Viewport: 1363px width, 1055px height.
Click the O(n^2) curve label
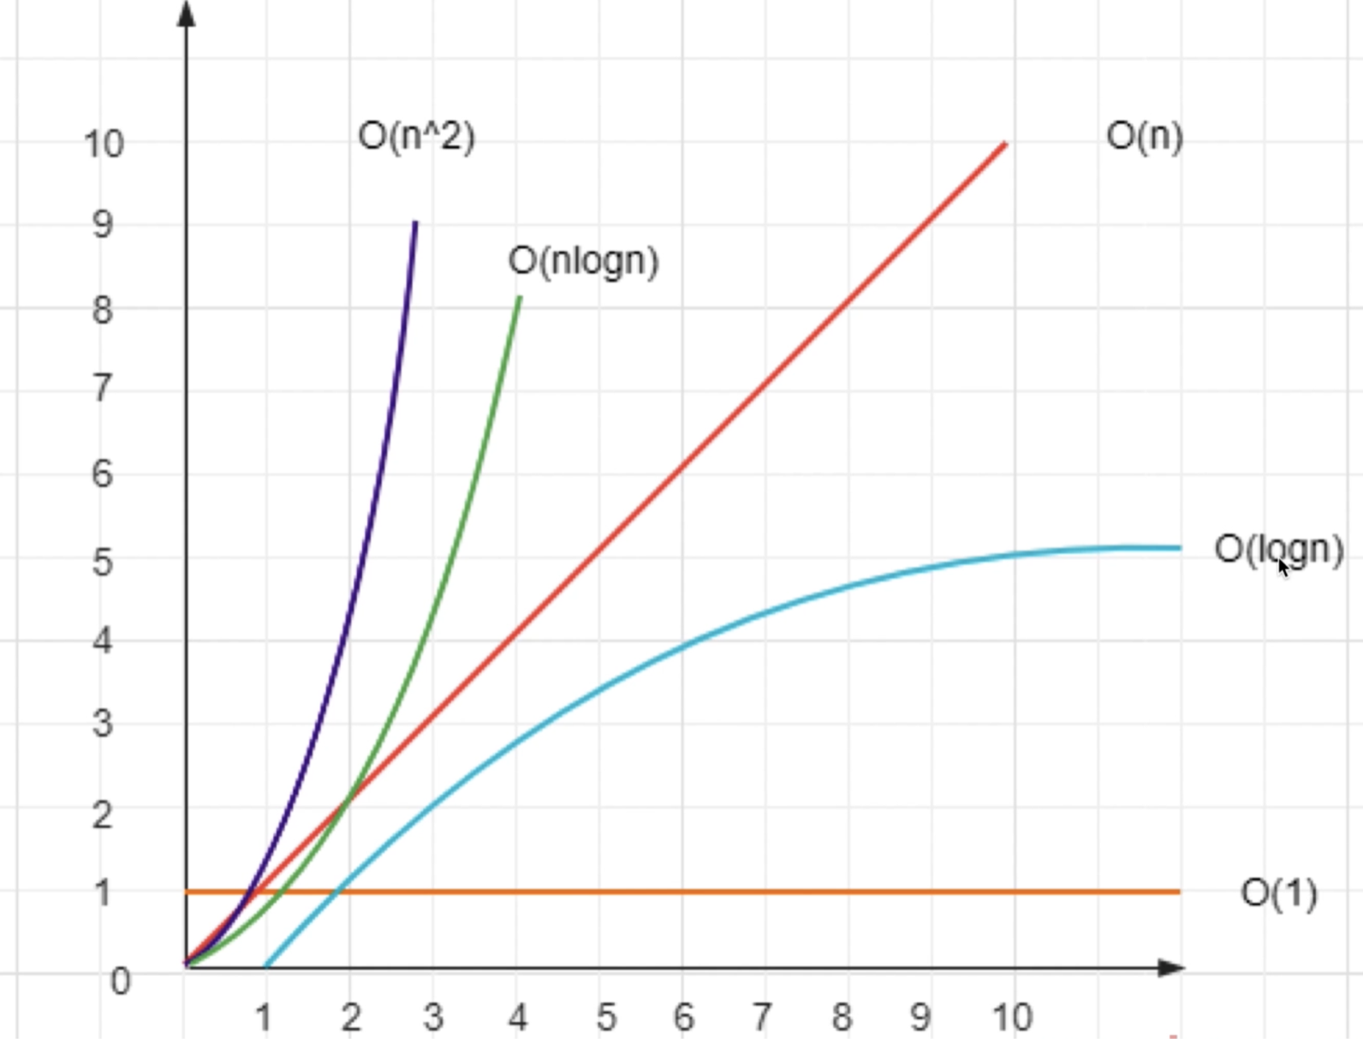416,136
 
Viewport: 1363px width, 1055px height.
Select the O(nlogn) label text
583,261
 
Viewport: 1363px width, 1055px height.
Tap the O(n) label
1145,136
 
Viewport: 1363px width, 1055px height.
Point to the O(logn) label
1278,549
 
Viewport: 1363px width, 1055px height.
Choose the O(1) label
1278,893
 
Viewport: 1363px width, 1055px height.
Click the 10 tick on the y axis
104,144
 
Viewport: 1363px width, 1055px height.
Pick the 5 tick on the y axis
102,563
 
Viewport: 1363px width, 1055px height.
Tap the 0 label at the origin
121,981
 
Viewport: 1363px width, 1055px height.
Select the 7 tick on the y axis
102,389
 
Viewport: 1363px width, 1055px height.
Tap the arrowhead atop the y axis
187,12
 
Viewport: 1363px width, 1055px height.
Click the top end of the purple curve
415,223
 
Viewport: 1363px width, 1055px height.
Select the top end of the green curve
519,298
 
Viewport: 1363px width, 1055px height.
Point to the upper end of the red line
1004,145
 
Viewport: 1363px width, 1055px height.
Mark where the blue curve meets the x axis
266,966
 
